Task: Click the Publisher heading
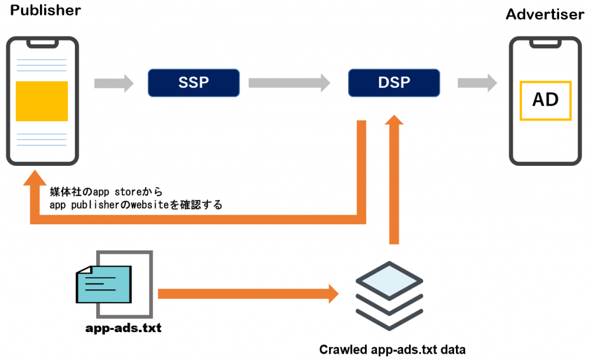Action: [x=45, y=10]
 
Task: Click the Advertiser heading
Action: [x=545, y=14]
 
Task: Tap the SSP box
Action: [x=194, y=82]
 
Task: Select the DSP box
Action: [x=394, y=82]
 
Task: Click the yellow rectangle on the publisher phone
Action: [x=42, y=101]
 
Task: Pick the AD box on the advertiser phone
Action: [x=545, y=100]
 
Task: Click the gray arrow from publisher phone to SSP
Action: [x=114, y=83]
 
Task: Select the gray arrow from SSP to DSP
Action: [x=289, y=83]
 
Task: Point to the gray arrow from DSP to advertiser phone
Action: [x=477, y=83]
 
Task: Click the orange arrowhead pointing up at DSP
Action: [x=394, y=120]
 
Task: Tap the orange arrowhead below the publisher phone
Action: [x=35, y=177]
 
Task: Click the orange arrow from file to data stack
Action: [x=248, y=294]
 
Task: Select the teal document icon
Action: [x=104, y=284]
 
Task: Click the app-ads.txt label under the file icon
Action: [x=124, y=328]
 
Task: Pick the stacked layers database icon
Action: [x=389, y=296]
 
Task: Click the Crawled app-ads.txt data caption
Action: [x=393, y=350]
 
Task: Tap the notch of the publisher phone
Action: [x=42, y=43]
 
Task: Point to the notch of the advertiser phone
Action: [x=545, y=43]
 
